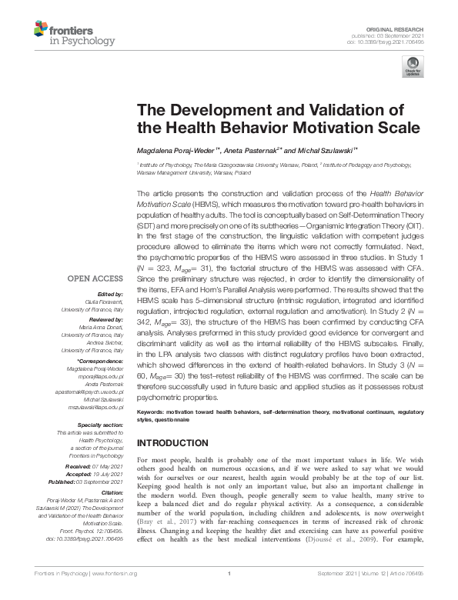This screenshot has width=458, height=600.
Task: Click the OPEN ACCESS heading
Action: (95, 278)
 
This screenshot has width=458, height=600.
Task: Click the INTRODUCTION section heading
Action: (177, 444)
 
